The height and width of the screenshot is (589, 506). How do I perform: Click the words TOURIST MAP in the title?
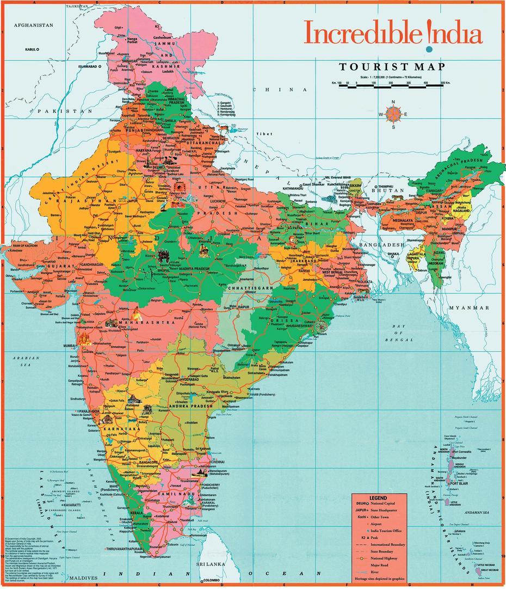pyautogui.click(x=392, y=67)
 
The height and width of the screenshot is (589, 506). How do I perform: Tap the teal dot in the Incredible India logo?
pyautogui.click(x=429, y=50)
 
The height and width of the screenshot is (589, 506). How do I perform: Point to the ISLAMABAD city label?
pyautogui.click(x=88, y=66)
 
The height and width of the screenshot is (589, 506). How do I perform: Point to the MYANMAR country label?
pyautogui.click(x=469, y=308)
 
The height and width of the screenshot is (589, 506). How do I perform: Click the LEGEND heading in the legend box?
pyautogui.click(x=378, y=498)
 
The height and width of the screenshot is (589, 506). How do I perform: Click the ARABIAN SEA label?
pyautogui.click(x=26, y=361)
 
